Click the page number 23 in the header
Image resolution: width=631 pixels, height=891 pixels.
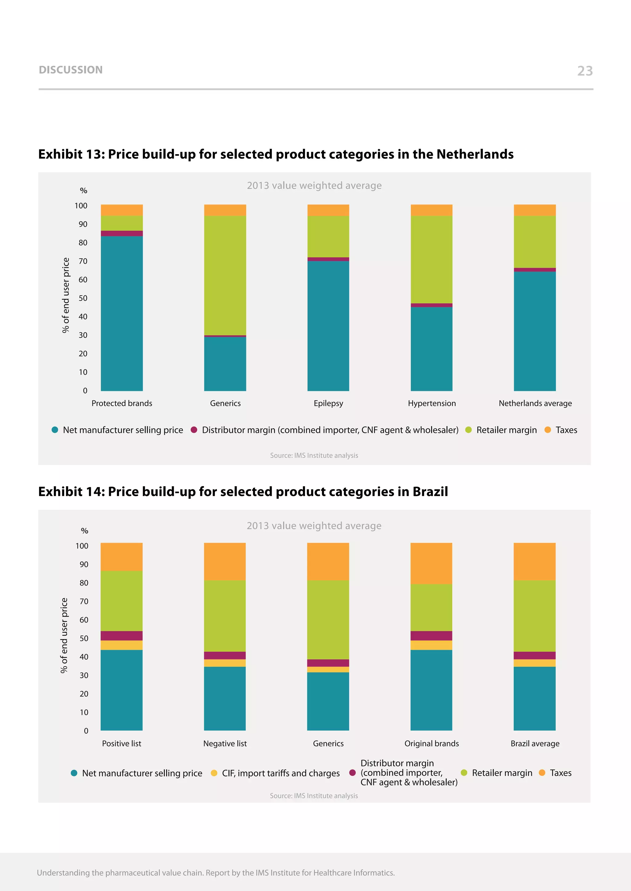(x=585, y=71)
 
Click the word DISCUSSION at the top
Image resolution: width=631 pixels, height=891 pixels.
(x=71, y=70)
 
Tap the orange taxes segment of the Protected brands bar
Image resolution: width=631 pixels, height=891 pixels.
(x=122, y=210)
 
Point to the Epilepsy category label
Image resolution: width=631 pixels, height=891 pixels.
(x=328, y=403)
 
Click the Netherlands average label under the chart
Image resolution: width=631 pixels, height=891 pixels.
(x=535, y=403)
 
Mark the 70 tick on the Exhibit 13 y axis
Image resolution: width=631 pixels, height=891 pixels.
(x=83, y=261)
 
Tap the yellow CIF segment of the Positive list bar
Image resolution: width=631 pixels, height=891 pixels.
(x=122, y=645)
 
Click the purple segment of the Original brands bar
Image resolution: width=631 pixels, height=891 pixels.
(x=431, y=636)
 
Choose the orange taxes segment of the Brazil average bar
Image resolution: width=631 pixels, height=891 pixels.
(x=534, y=561)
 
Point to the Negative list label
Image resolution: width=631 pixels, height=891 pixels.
(x=225, y=744)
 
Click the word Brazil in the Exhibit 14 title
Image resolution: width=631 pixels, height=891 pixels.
(x=430, y=492)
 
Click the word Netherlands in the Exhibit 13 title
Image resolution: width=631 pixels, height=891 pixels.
(x=475, y=154)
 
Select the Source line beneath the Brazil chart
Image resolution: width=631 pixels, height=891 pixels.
(x=314, y=796)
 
